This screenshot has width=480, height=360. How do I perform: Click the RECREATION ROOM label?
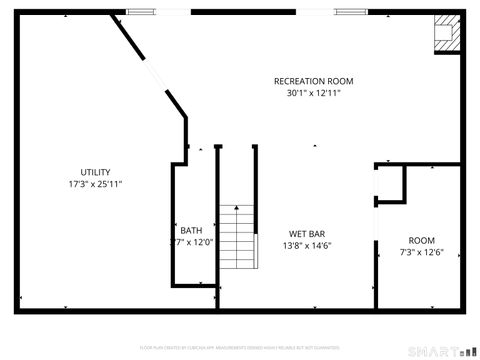314,81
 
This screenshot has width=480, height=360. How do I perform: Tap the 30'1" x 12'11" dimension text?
314,94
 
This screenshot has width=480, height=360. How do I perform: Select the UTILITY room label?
96,172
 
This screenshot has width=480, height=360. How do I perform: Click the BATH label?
191,231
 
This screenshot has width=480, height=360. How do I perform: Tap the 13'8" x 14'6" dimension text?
306,246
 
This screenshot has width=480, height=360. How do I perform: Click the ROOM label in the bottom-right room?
422,240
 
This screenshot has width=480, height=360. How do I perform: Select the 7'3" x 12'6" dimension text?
422,253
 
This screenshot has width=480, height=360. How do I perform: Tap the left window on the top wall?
141,12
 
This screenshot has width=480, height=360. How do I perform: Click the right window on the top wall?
349,12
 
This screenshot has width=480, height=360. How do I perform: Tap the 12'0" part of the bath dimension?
203,243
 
